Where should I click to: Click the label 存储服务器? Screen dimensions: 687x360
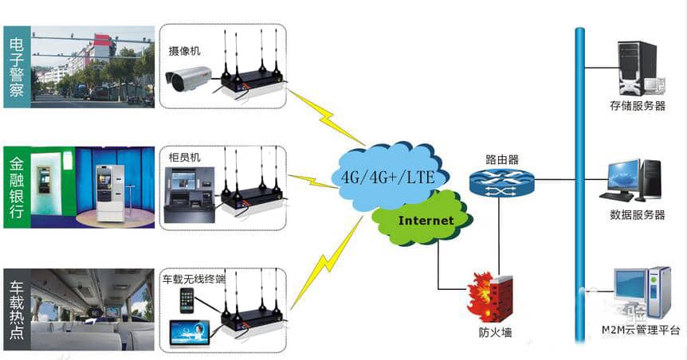coord(638,106)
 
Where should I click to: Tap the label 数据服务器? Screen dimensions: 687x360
coord(638,215)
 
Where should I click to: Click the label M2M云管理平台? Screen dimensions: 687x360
coord(641,330)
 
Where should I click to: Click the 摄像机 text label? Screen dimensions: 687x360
coord(184,51)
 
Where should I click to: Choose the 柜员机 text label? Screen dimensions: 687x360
coord(184,157)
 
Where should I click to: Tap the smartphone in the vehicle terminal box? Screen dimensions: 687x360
coord(187,300)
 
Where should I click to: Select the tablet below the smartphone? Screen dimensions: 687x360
coord(190,335)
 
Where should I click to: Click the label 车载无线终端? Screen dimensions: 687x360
coord(194,279)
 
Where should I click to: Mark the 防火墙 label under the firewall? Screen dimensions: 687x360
coord(495,333)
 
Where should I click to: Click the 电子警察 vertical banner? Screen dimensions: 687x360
coord(17,67)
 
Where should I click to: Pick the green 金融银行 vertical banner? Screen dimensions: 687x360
coord(17,187)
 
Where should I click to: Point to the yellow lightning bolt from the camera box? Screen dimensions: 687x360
coord(327,116)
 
